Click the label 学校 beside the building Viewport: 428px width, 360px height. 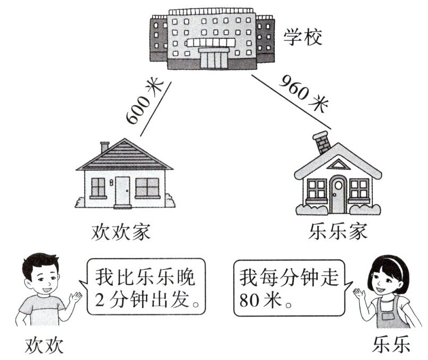pos(302,37)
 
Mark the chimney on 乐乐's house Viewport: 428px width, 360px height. pos(321,142)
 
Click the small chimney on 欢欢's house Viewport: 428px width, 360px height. pos(105,146)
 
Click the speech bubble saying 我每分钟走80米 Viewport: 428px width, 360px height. pos(289,289)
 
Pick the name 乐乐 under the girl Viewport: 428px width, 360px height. pos(392,346)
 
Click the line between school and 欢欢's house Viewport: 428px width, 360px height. pos(154,109)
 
